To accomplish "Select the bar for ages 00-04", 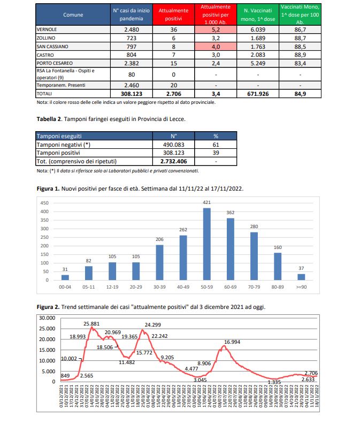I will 65,277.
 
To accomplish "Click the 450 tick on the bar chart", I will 45,203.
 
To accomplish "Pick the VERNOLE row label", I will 48,30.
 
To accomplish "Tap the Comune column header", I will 73,14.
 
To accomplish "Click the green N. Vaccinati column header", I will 258,14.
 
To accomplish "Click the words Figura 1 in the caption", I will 48,189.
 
